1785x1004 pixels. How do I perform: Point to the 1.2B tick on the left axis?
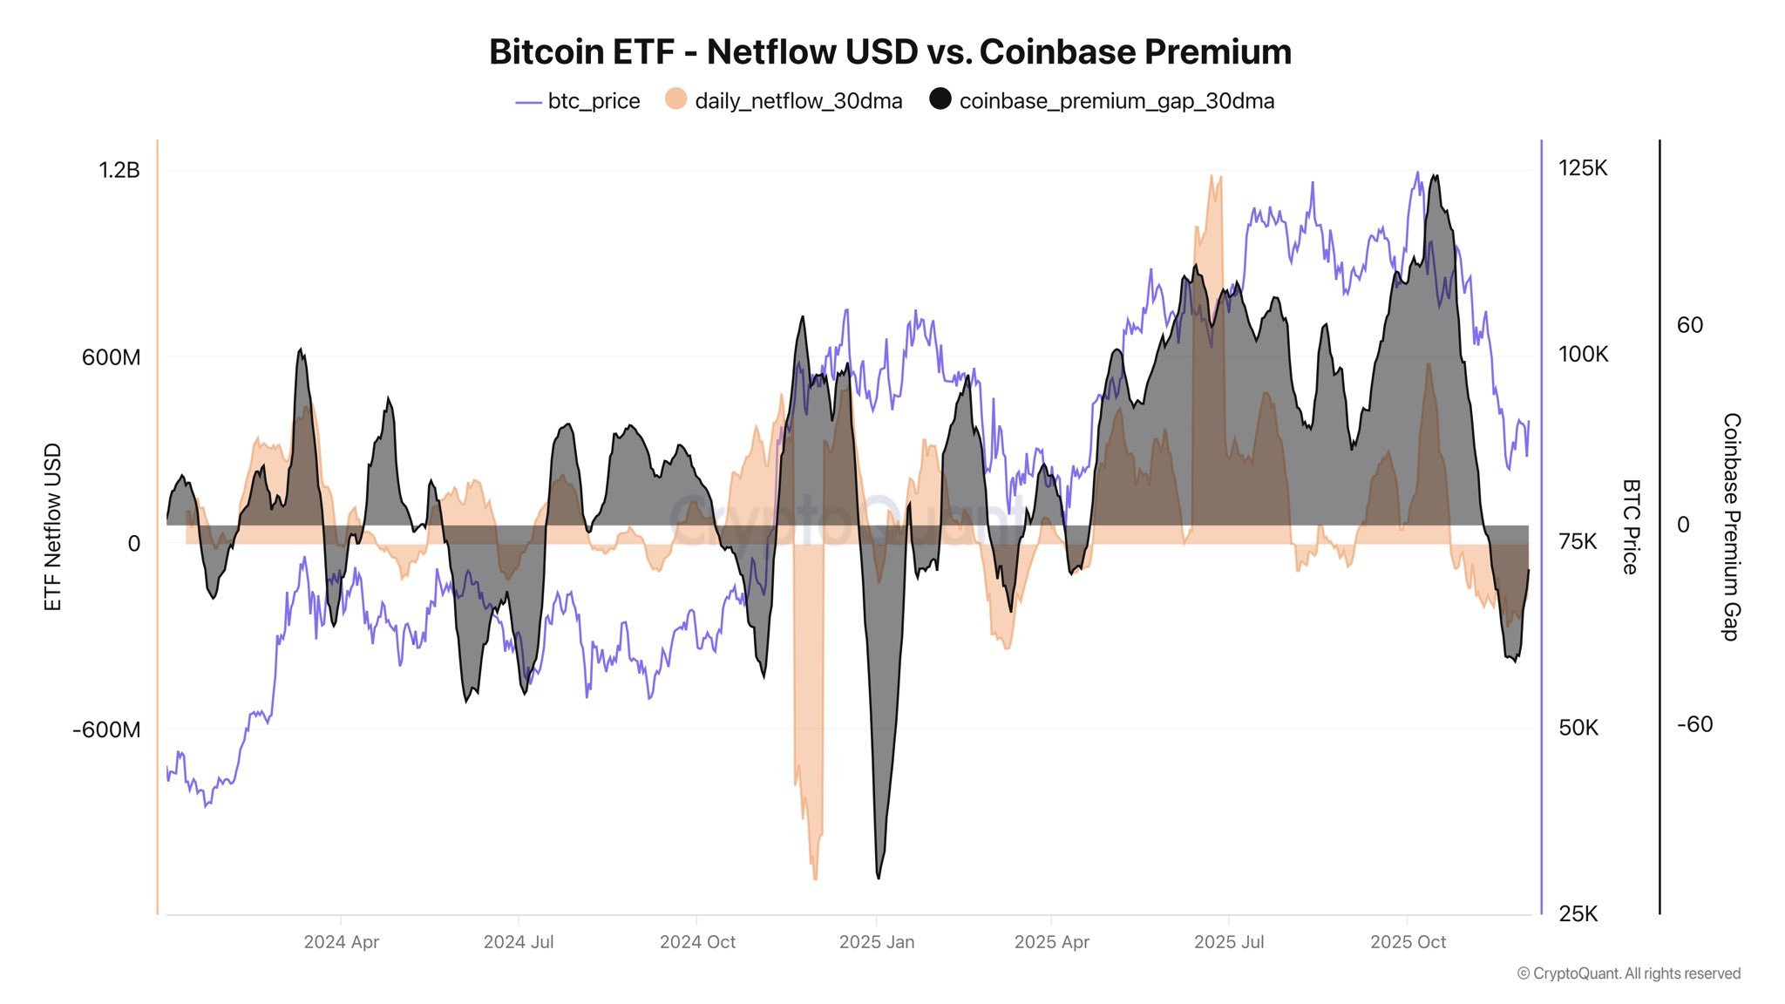119,170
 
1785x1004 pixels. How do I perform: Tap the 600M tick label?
111,357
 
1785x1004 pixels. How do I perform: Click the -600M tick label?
106,729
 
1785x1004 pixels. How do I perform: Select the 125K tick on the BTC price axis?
1582,168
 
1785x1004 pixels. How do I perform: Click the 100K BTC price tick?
1582,355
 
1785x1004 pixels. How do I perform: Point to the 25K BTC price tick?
1578,914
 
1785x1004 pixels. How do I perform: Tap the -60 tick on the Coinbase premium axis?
1694,724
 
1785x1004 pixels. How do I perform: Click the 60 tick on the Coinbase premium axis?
1689,325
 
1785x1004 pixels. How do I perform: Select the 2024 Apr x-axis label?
341,942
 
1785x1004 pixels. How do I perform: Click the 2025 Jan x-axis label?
876,942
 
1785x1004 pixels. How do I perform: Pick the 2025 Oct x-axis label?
1407,942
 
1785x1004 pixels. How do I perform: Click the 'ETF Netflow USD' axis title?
52,527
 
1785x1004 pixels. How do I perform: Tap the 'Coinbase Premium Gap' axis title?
1731,527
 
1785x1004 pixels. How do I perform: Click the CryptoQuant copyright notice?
1628,973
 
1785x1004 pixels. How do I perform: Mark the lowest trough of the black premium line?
878,877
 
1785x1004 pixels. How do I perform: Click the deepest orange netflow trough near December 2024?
815,878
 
